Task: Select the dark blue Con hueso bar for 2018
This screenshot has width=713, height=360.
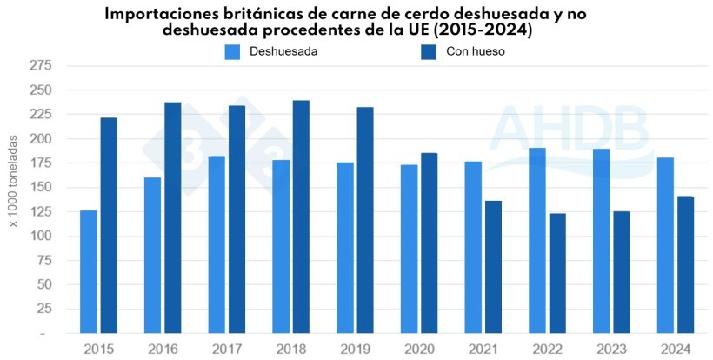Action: pos(301,217)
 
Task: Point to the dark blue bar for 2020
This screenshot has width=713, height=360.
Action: pos(430,243)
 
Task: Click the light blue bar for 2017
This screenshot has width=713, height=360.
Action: pos(217,244)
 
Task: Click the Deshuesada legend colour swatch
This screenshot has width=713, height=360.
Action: pos(232,51)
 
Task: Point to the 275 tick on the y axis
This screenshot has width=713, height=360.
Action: pos(40,66)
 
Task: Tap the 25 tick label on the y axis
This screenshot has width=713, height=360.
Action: pos(43,310)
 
